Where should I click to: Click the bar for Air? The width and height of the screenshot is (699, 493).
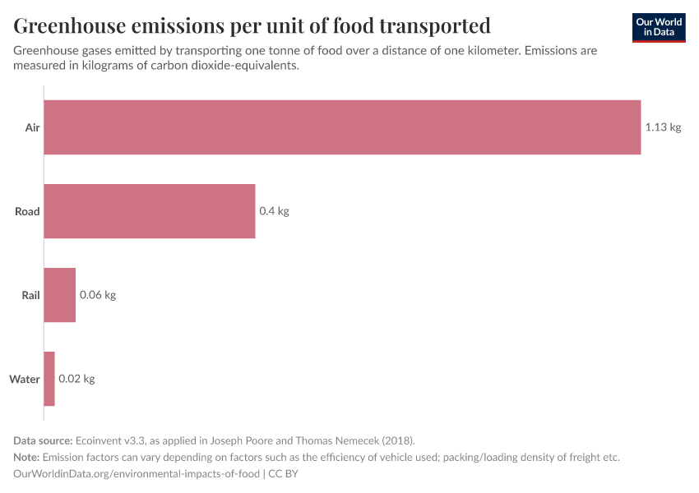point(342,127)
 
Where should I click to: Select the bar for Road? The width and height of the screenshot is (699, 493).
point(150,211)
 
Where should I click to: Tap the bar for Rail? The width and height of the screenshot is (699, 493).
point(59,295)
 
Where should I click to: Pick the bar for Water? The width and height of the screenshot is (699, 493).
point(49,379)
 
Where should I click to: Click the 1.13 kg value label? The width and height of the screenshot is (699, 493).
point(663,127)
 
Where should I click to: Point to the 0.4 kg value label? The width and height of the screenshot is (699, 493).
point(274,211)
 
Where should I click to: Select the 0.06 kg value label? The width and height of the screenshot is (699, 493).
point(97,295)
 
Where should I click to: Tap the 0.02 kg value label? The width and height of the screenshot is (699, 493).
point(76,379)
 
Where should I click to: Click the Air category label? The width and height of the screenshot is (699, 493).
point(32,127)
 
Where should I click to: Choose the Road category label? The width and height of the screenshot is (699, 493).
point(27,211)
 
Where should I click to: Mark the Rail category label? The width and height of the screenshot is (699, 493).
point(30,295)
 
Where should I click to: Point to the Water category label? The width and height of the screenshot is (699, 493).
point(25,379)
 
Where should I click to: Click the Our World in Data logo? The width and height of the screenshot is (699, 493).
point(658,28)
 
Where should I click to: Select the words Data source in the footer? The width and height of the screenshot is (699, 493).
point(43,440)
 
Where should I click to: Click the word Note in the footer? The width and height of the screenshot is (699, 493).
point(26,457)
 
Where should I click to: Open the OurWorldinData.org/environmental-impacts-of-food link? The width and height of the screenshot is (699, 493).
point(137,473)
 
